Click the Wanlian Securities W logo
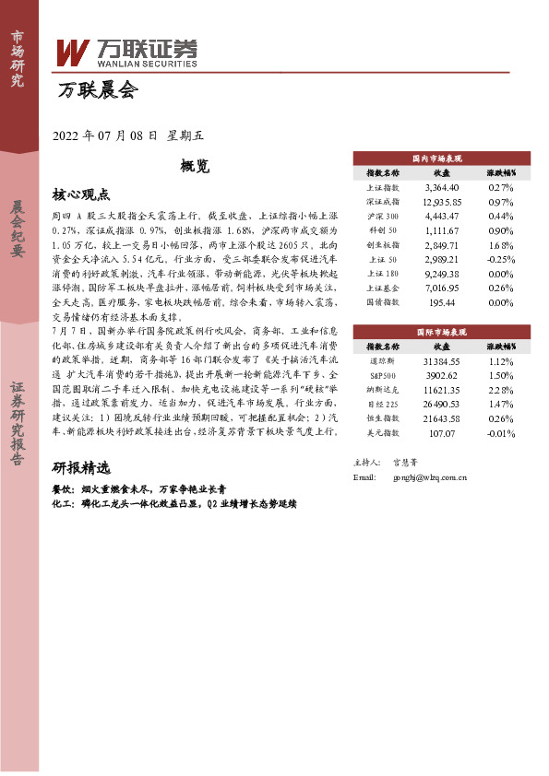[x=72, y=53]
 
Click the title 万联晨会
[x=96, y=91]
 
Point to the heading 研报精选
[x=80, y=466]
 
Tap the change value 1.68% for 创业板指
[x=501, y=246]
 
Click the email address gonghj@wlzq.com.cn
[x=430, y=477]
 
